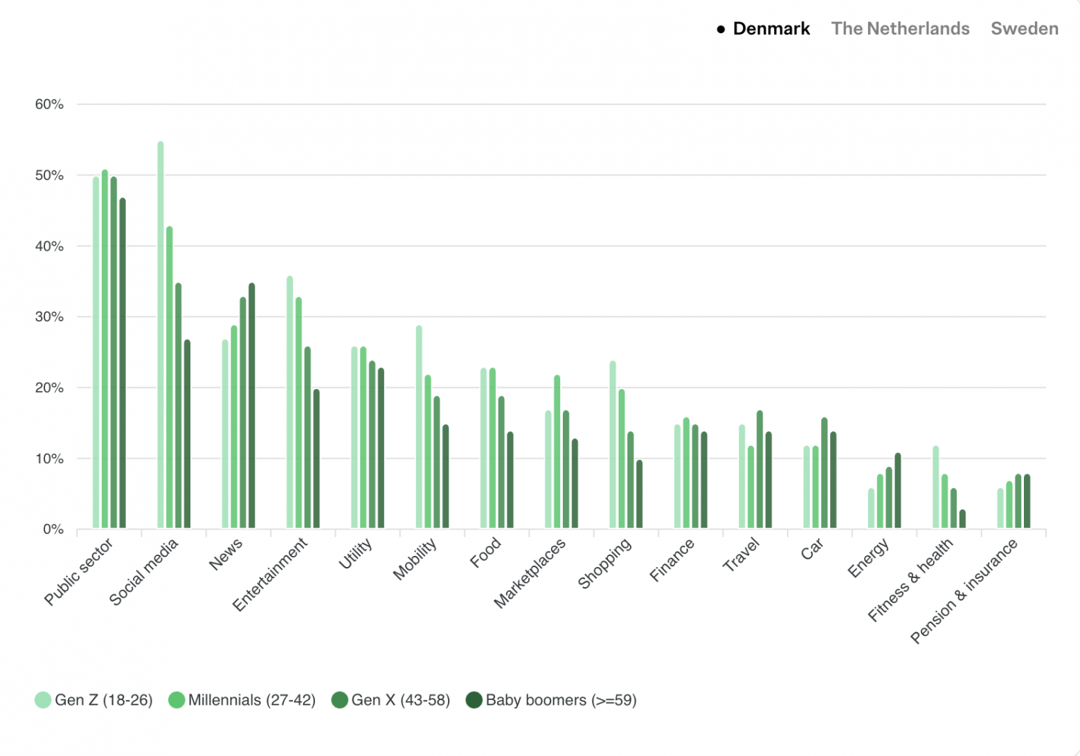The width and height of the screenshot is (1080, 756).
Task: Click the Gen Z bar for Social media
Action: click(x=161, y=335)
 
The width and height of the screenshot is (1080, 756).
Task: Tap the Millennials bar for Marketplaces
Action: click(x=557, y=451)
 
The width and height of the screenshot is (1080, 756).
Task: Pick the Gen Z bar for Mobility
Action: click(x=419, y=426)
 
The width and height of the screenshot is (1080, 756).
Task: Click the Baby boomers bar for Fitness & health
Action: click(x=962, y=519)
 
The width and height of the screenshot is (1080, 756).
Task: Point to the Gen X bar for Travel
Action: click(x=759, y=469)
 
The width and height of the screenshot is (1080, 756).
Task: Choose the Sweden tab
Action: click(x=1024, y=28)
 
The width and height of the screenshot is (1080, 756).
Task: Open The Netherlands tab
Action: click(x=900, y=28)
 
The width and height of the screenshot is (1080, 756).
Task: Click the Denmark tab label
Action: click(x=771, y=28)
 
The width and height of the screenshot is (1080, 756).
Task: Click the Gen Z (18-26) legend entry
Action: click(x=94, y=700)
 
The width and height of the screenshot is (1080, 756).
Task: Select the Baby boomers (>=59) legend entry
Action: click(x=551, y=700)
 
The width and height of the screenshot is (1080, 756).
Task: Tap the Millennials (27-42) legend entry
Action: click(x=242, y=700)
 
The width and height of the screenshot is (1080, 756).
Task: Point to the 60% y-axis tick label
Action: click(x=49, y=105)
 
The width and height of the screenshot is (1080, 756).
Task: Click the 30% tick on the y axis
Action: click(x=49, y=317)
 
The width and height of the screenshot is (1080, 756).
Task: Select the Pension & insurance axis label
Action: click(x=964, y=591)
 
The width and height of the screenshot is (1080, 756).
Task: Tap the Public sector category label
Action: click(x=78, y=572)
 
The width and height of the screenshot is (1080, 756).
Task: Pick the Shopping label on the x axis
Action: click(x=604, y=563)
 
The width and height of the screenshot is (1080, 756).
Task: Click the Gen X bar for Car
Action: click(x=824, y=473)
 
